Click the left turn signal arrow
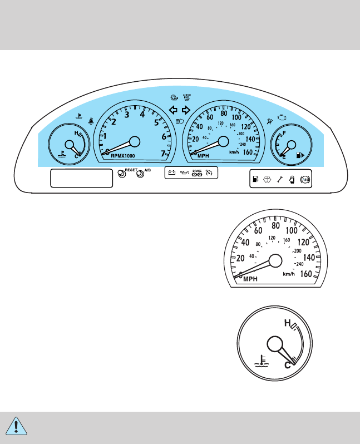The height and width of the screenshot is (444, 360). click(x=173, y=110)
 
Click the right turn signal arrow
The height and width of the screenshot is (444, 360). click(x=186, y=110)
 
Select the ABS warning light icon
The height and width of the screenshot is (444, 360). click(x=304, y=179)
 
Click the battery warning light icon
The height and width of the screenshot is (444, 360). click(x=172, y=174)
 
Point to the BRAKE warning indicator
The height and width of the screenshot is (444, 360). click(x=196, y=172)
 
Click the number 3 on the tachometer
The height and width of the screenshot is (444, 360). click(x=127, y=115)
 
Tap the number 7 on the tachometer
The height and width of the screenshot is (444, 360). click(x=163, y=153)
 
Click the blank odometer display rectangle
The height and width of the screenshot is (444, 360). click(x=81, y=178)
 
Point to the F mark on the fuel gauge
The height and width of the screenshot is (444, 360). click(x=285, y=134)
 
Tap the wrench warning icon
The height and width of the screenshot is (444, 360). click(x=280, y=179)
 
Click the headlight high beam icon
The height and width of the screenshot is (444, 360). click(x=180, y=120)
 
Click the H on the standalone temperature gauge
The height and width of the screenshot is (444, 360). click(x=287, y=323)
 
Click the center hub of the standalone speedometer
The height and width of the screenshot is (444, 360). click(x=275, y=260)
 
